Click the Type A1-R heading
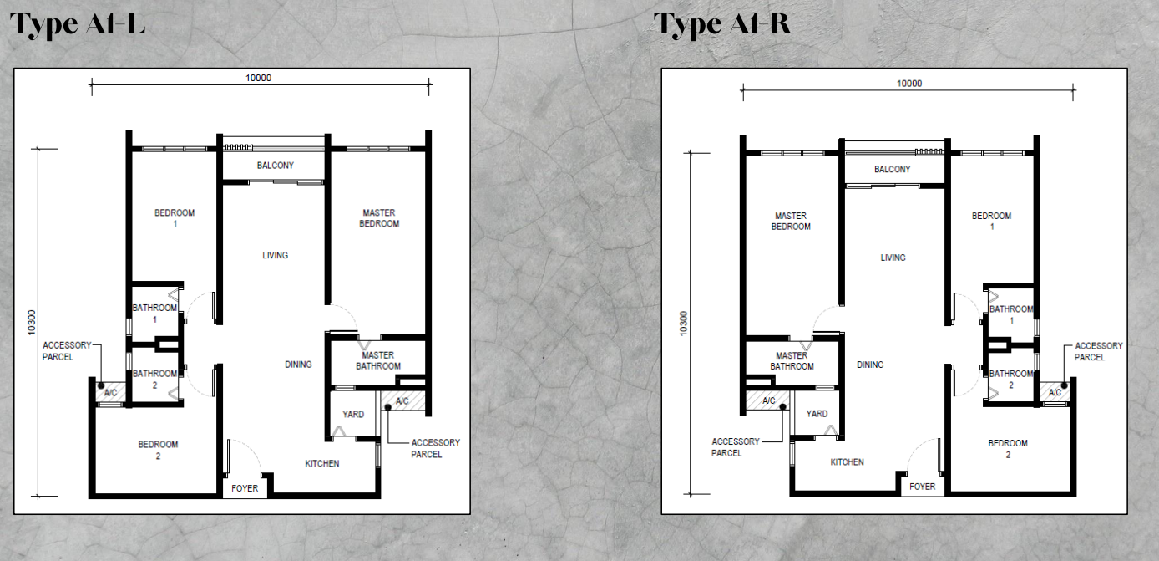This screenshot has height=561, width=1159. (x=721, y=24)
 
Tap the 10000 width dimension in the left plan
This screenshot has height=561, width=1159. (x=258, y=78)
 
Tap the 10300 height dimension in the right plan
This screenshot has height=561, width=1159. (x=684, y=324)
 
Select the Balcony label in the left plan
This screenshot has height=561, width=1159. (x=275, y=166)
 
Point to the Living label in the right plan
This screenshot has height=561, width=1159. (x=893, y=258)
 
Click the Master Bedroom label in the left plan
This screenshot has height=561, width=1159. (x=379, y=218)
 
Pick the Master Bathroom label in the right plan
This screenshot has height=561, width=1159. (x=792, y=361)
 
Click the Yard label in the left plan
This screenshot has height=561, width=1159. (x=353, y=414)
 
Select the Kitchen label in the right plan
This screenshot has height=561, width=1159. (x=847, y=462)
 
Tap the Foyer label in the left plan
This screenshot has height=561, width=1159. (x=245, y=488)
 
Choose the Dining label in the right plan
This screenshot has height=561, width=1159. (x=870, y=365)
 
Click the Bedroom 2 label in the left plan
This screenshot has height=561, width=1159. (x=159, y=450)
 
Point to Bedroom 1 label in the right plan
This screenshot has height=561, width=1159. (x=991, y=222)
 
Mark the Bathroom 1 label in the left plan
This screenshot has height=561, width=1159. (x=154, y=314)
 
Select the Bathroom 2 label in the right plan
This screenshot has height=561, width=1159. (x=1011, y=380)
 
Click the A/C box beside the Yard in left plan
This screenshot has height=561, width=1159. (x=402, y=401)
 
